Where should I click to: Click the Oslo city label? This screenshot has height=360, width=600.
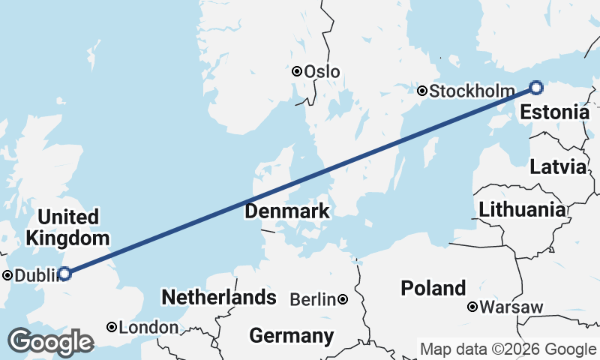pos(322,72)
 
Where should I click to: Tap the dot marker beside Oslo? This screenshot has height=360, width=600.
pos(297,71)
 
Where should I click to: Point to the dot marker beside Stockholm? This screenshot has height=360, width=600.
pos(422,91)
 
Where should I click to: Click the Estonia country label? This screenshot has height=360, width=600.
pos(554,113)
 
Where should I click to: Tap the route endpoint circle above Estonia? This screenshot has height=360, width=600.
pos(536,88)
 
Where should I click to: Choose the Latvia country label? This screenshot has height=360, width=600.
pos(557,166)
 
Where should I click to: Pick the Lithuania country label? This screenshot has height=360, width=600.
pos(522,209)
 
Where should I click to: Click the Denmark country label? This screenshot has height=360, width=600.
pos(286,211)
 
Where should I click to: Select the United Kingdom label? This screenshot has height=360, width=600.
pos(68,228)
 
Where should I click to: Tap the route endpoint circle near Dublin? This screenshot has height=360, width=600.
pos(64,274)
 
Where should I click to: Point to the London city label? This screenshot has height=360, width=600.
pos(149,328)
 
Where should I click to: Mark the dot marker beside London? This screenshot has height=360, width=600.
pos(111,327)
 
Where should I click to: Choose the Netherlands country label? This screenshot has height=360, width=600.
pos(219,297)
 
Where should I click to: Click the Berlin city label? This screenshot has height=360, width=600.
pos(312,300)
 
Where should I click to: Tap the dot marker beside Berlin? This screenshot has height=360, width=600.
pos(343,299)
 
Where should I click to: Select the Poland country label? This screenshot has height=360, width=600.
pos(433,288)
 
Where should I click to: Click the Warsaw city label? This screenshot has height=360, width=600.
pos(511,307)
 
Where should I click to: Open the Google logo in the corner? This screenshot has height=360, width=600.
pos(50,342)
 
